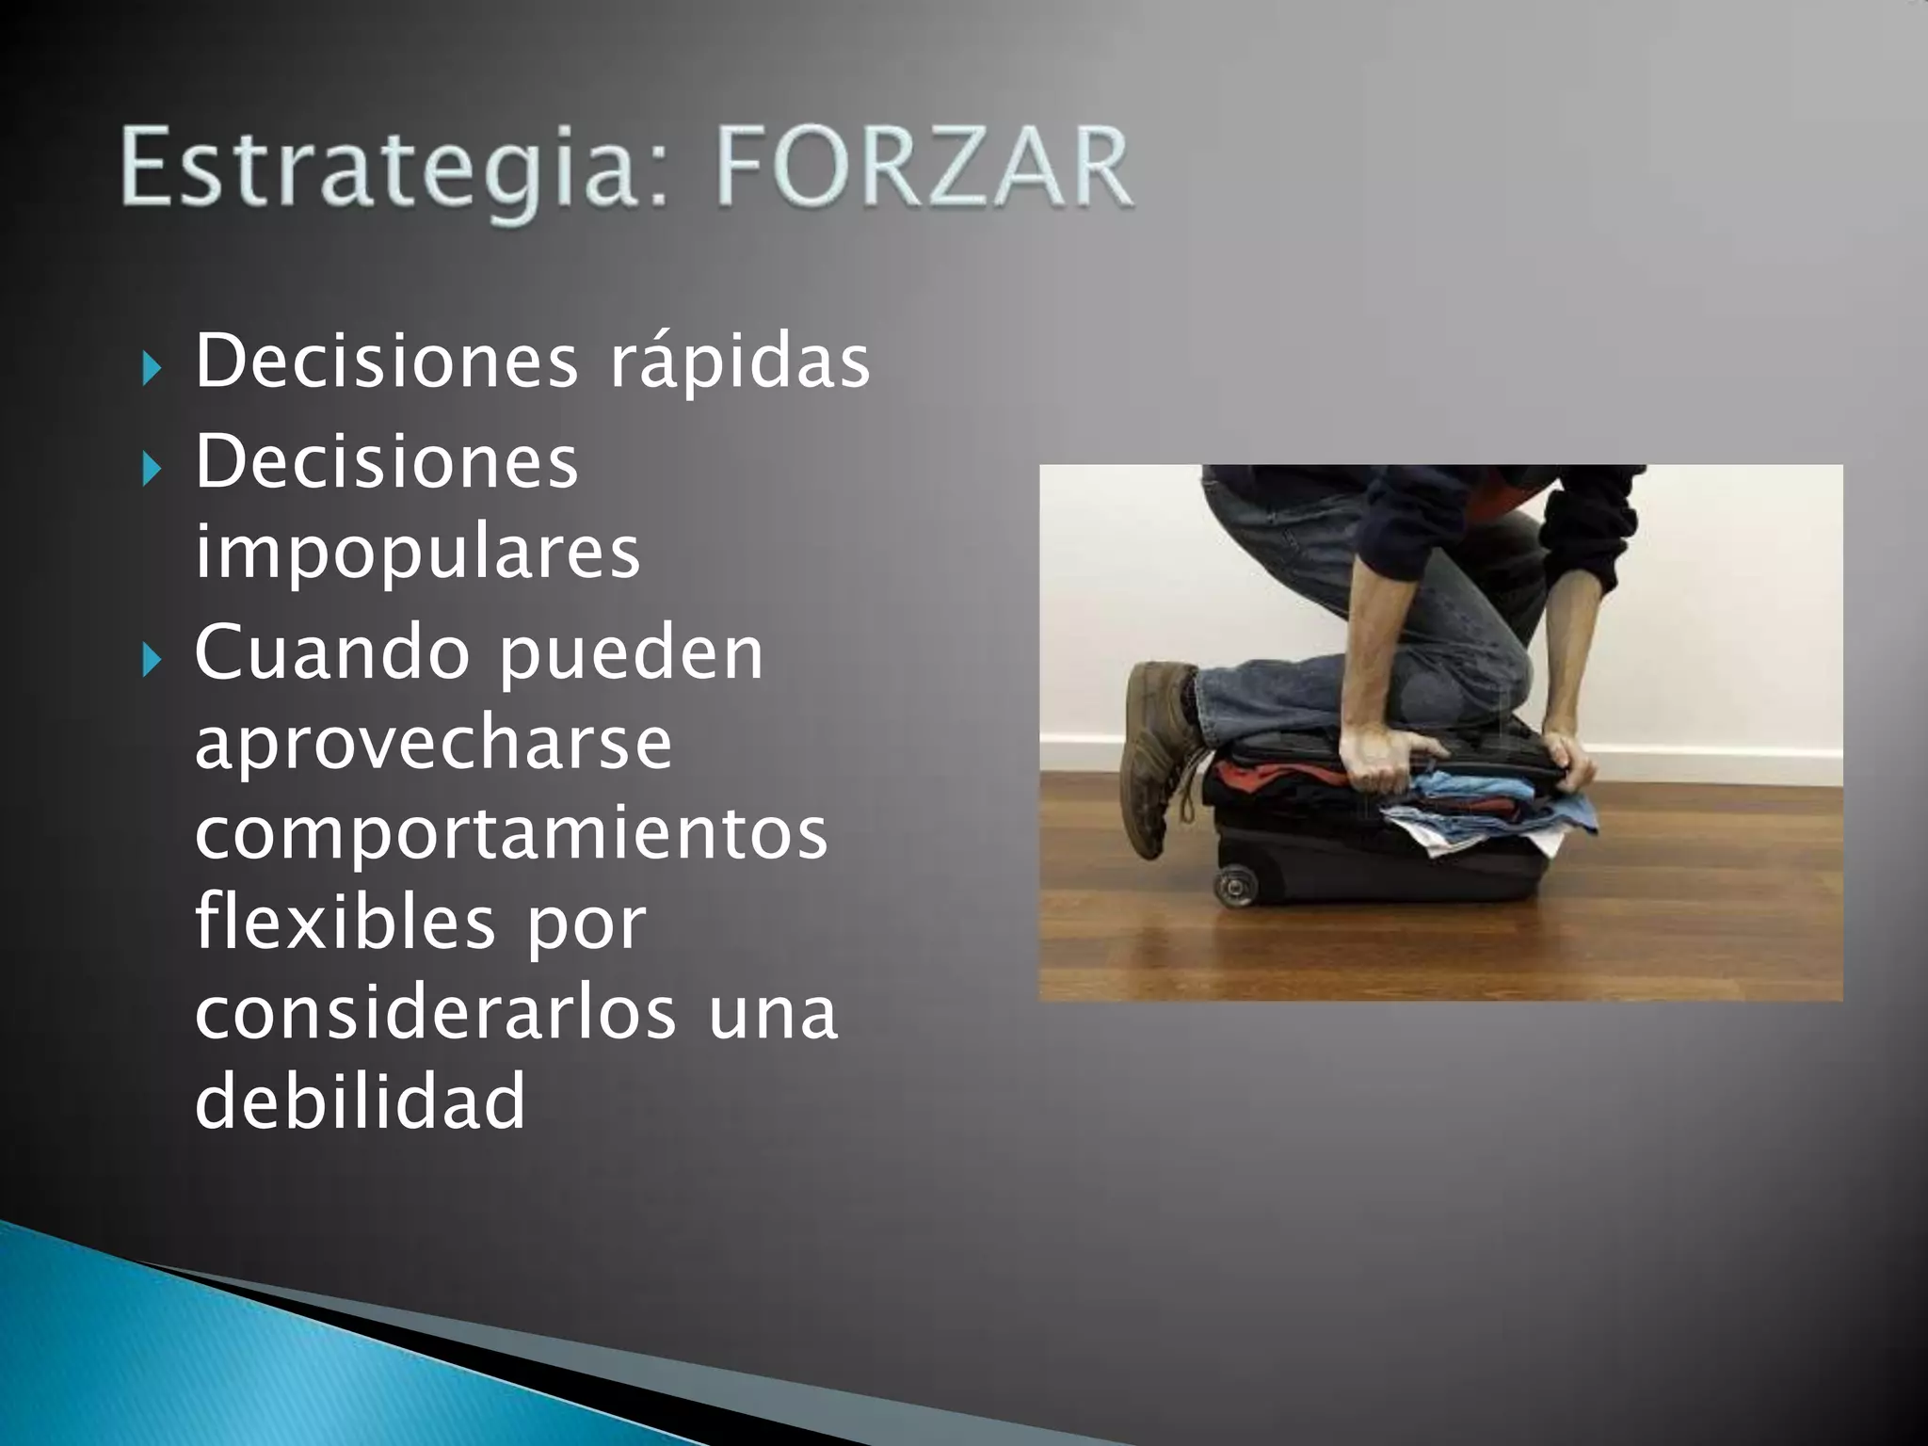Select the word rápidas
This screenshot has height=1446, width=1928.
(x=739, y=362)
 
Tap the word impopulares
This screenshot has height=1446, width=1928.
(x=417, y=554)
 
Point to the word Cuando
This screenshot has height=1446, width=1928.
(x=331, y=652)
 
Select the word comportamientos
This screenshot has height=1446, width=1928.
(x=510, y=833)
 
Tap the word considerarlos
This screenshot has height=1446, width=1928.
(x=435, y=1012)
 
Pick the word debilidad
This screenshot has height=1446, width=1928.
(x=360, y=1101)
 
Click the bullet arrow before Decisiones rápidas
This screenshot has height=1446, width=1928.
(x=152, y=369)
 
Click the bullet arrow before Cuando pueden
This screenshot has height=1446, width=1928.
(x=152, y=661)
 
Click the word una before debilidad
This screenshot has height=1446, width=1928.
(x=772, y=1012)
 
